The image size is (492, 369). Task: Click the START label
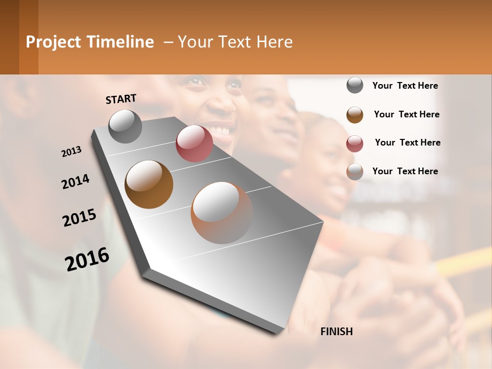tap(121, 99)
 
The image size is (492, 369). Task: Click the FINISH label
tap(336, 332)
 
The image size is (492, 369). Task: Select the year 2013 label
tap(71, 152)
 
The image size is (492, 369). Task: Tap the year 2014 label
tap(75, 182)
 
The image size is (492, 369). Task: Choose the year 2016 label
tap(87, 259)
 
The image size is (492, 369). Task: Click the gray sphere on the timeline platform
tap(126, 126)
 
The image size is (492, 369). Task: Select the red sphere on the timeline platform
tap(194, 143)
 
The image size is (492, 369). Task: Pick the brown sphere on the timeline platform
tap(149, 184)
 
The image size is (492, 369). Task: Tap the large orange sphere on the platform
tap(222, 213)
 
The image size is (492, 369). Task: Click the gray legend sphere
tap(355, 85)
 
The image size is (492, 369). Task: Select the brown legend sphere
tap(355, 115)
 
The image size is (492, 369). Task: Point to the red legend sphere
tap(355, 143)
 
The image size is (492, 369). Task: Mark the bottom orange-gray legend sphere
tap(355, 172)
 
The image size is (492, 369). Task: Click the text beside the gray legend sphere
tap(405, 86)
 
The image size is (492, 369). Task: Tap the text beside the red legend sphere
tap(407, 142)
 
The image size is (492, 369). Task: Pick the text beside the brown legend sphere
tap(406, 114)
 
